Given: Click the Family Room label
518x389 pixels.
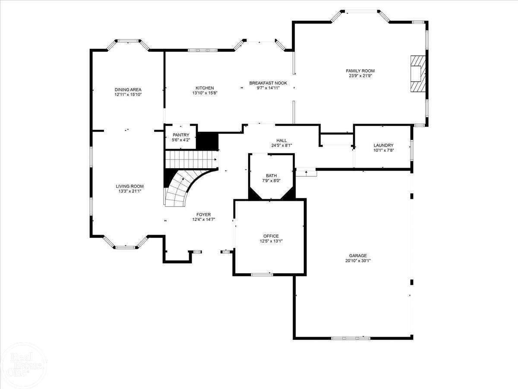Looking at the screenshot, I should pos(360,70).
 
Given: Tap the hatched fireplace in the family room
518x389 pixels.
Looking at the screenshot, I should pos(417,73).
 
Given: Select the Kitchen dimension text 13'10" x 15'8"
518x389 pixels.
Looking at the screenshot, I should pos(205,93).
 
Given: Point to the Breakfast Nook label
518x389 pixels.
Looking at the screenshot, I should pos(268,83).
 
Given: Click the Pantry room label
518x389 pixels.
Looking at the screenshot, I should pos(180,135).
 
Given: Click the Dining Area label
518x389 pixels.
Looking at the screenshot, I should pos(128,89).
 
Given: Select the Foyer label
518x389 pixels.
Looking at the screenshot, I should pos(203,214).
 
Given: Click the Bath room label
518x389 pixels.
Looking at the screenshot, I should pos(271,175).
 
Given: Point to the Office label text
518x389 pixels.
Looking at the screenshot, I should pos(271,236).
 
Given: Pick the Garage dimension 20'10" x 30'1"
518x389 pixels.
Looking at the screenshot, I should pos(358,261).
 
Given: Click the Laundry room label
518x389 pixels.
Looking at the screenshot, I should pos(383,145).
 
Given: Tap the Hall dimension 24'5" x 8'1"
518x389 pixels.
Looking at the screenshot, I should pos(282,145).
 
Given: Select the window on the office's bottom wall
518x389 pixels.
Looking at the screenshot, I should pos(262,274).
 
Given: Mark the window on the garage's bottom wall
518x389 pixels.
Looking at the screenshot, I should pos(351,338).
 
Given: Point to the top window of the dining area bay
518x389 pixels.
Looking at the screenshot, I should pos(128,41).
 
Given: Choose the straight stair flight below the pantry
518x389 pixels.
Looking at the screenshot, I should pos(191,159).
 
